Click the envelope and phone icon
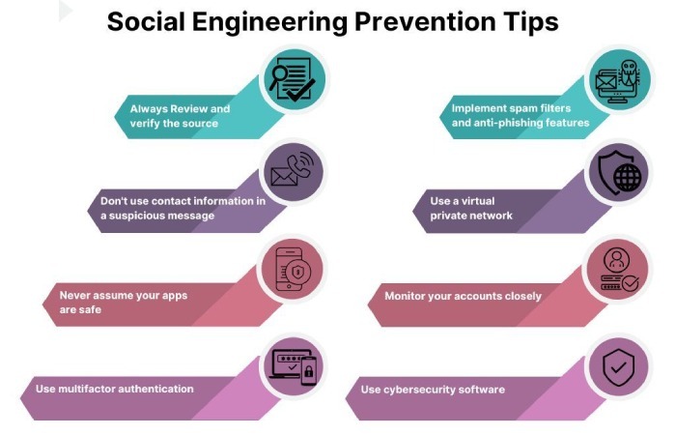[x=293, y=171]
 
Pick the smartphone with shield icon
[x=293, y=268]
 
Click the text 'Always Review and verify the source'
[x=181, y=116]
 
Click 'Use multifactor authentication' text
[x=115, y=389]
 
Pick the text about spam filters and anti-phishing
[x=520, y=115]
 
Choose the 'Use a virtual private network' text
[x=472, y=208]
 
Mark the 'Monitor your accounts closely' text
[x=463, y=296]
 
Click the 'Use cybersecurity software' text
[x=433, y=390]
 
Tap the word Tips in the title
[x=529, y=21]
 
